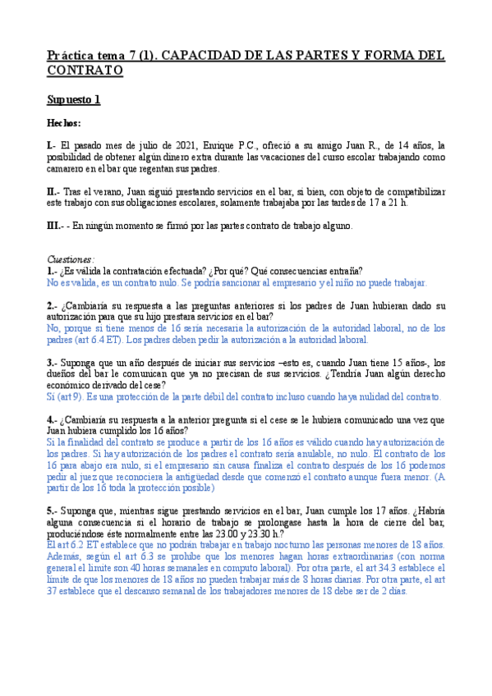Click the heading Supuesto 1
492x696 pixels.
coord(73,100)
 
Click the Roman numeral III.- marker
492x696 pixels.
coord(57,226)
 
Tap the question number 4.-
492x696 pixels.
coord(52,419)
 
